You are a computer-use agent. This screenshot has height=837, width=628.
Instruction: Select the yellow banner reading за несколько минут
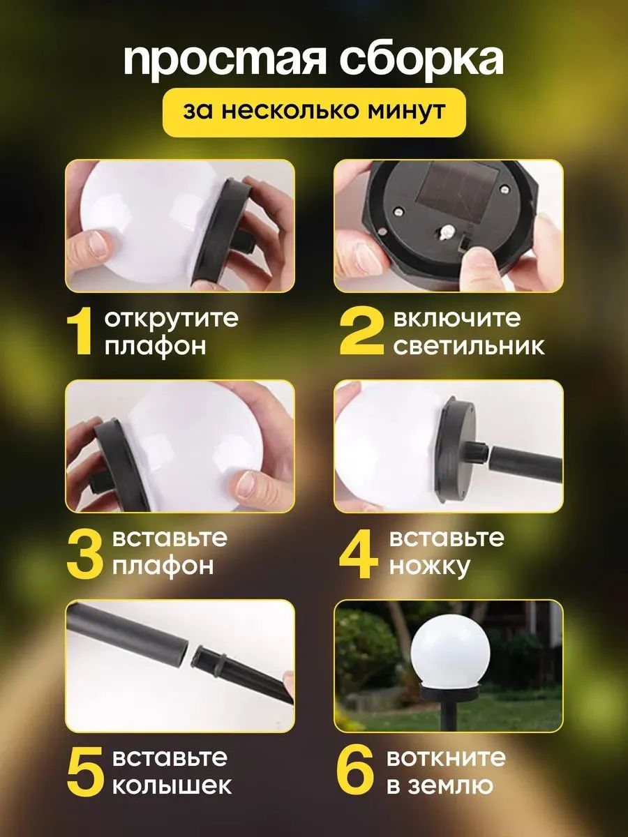pos(315,112)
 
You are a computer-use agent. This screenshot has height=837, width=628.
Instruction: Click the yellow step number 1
pos(80,332)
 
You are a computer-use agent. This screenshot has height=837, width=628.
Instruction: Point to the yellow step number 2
pos(361,332)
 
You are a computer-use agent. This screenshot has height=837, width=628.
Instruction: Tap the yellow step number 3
pos(85,554)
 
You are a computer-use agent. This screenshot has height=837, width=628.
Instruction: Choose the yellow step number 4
pos(359,554)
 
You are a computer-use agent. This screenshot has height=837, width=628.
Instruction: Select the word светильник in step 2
pos(469,346)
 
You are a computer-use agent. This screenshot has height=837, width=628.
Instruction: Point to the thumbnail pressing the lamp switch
pos(449,226)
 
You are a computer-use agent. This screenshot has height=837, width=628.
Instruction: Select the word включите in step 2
pos(456,319)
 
